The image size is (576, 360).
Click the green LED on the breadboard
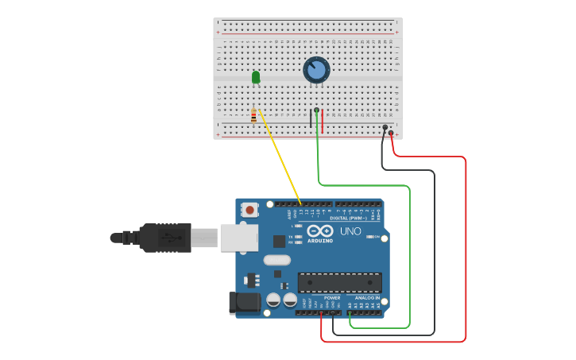(x=256, y=77)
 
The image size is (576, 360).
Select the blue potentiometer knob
(x=316, y=70)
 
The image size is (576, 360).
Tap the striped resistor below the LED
(x=253, y=117)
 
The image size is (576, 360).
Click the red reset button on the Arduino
(x=250, y=211)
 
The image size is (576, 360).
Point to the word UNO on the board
(x=351, y=230)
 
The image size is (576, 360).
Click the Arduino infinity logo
(x=321, y=231)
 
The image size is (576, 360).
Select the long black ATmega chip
(x=339, y=282)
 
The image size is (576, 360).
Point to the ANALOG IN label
(x=366, y=298)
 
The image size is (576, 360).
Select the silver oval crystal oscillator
(x=276, y=260)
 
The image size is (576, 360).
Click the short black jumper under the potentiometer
(x=311, y=118)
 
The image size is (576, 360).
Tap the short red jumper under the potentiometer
(x=323, y=118)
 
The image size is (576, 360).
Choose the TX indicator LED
(x=297, y=237)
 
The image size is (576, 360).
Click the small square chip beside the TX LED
(x=280, y=241)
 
